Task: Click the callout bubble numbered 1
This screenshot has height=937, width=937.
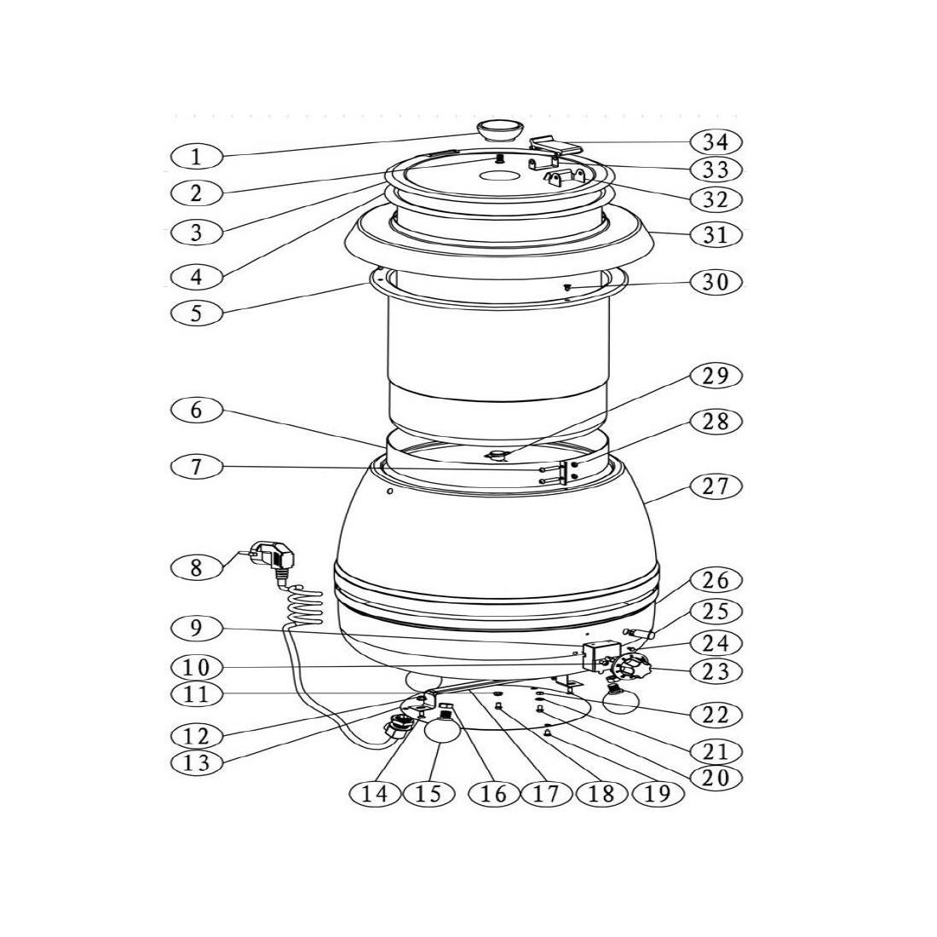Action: click(x=197, y=158)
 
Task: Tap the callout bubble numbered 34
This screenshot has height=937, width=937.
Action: click(x=716, y=142)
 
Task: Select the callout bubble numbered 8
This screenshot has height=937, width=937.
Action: click(x=197, y=567)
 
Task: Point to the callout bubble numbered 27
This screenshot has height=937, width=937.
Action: click(x=716, y=486)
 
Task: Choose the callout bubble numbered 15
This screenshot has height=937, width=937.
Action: click(x=429, y=793)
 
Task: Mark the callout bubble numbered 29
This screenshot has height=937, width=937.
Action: click(x=716, y=376)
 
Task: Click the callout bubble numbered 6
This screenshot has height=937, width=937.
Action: click(x=197, y=411)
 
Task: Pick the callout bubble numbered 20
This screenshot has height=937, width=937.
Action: click(x=716, y=777)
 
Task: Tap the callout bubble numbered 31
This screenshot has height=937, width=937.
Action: click(x=716, y=234)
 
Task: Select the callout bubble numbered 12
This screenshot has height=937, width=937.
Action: click(x=197, y=735)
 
